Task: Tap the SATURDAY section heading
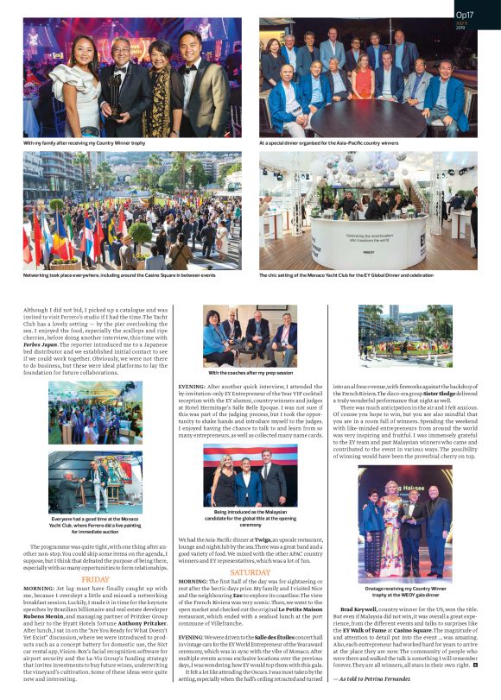[250, 571]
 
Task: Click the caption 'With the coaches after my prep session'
[250, 373]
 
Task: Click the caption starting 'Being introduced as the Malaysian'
[250, 517]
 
